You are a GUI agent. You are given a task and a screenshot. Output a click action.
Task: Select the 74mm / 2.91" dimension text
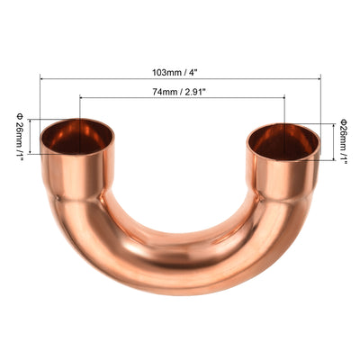183,91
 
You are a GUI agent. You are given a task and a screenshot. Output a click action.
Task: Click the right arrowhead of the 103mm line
319,78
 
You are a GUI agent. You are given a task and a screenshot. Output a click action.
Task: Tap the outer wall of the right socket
283,175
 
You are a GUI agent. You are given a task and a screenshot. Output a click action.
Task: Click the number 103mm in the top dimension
167,71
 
